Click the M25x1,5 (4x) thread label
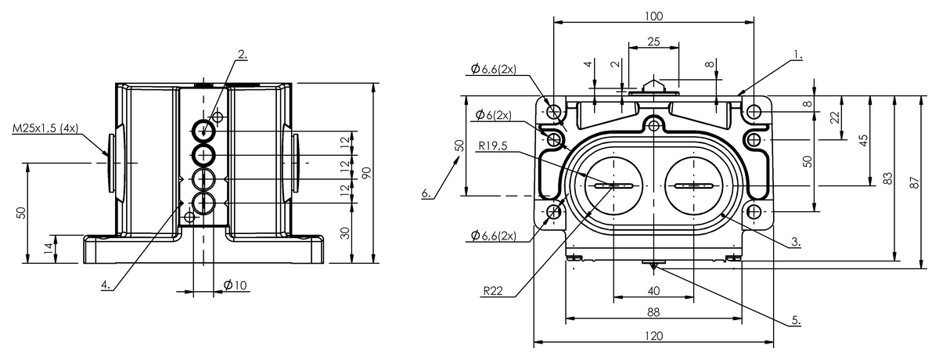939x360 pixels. coord(45,128)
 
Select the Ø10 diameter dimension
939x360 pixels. coord(236,286)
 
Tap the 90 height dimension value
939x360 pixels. coord(366,173)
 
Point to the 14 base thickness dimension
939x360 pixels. coord(49,249)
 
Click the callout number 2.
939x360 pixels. coord(243,54)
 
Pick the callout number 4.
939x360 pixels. coord(106,285)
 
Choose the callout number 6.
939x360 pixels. coord(426,193)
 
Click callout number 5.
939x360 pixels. coord(796,321)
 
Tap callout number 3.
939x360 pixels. coord(796,242)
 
